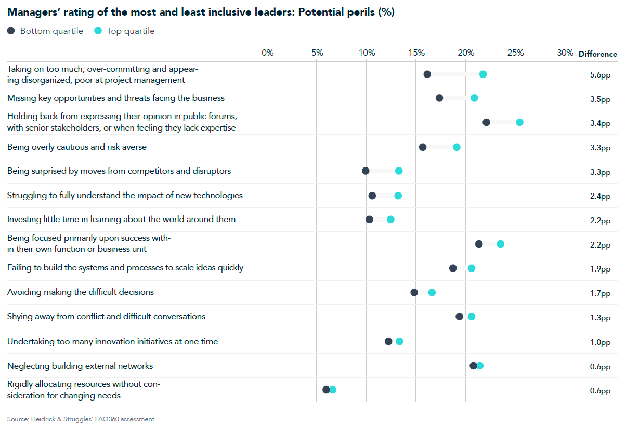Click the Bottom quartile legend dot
click(x=11, y=31)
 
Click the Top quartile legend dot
click(x=98, y=31)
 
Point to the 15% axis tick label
click(x=416, y=53)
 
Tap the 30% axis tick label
click(x=565, y=53)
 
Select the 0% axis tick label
click(x=267, y=53)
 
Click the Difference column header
click(x=597, y=54)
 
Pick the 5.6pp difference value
click(x=600, y=74)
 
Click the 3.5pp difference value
click(x=600, y=99)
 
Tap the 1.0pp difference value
click(x=600, y=342)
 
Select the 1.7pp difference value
click(x=600, y=293)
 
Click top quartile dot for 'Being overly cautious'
click(x=457, y=147)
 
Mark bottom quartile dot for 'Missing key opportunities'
click(x=439, y=98)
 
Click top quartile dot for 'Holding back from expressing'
click(x=519, y=122)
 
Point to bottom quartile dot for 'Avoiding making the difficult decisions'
click(x=414, y=292)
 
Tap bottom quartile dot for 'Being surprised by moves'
click(x=366, y=171)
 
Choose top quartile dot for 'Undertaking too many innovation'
click(x=399, y=341)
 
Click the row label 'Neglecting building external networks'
click(x=80, y=366)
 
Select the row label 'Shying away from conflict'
click(x=106, y=317)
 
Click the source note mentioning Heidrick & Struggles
click(x=81, y=419)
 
